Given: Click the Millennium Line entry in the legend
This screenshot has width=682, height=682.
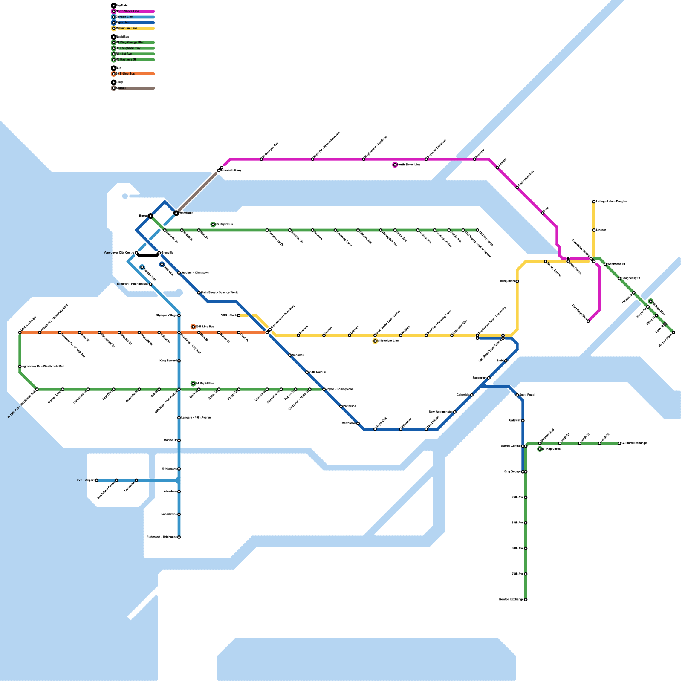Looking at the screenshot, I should click(128, 29).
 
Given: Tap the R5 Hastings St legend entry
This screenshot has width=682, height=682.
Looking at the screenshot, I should click(128, 60).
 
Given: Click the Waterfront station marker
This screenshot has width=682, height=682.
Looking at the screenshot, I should click(176, 213).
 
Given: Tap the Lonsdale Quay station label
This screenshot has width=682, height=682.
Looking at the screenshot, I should click(231, 170).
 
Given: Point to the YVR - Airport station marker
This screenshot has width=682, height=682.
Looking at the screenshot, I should click(97, 480).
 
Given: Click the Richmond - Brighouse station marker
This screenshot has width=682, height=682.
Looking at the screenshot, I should click(179, 537).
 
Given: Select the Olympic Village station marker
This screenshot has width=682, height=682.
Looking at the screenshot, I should click(179, 315).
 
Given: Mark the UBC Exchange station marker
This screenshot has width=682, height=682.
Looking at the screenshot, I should click(20, 332).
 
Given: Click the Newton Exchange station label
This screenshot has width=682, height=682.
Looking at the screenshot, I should click(511, 600).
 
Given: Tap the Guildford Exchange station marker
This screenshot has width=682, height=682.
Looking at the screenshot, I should click(620, 443).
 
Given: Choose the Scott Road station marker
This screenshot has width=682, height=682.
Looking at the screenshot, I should click(517, 395).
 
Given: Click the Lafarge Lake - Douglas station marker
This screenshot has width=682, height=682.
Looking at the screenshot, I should click(594, 202).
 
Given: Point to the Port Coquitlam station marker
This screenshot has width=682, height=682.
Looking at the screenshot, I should click(588, 321).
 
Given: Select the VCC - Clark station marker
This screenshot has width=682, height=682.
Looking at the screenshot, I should click(239, 315).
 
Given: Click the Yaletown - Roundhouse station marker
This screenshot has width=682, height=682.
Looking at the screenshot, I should click(150, 284).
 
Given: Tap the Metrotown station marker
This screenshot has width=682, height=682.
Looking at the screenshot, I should click(358, 423).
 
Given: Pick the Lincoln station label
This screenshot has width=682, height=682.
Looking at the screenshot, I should click(601, 230).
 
